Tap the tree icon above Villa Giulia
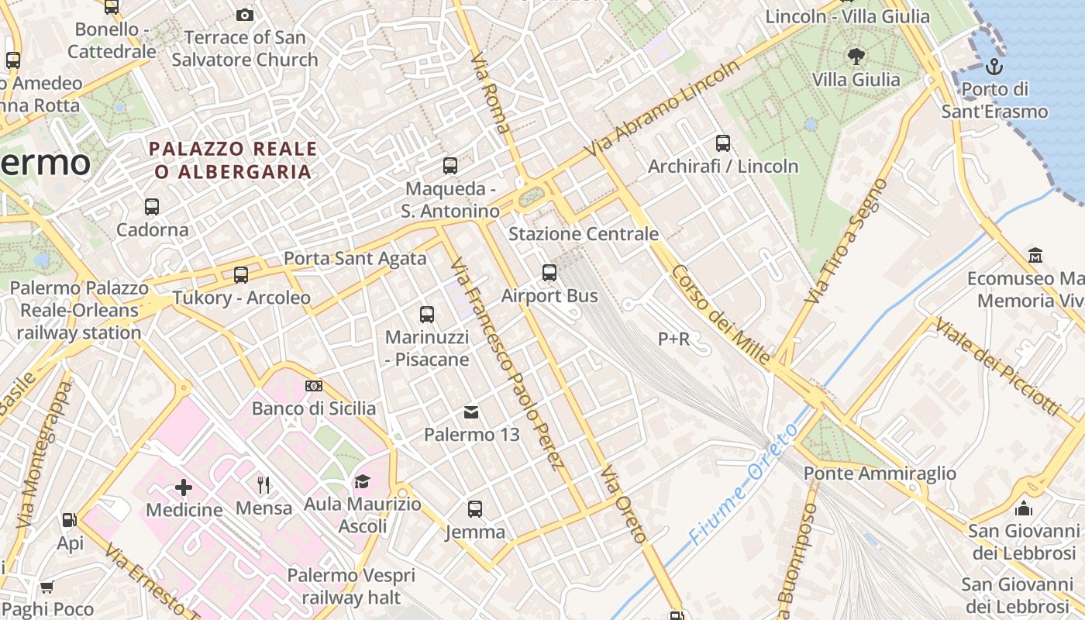coord(856,56)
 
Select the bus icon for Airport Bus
coord(549,272)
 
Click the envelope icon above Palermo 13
coord(471,412)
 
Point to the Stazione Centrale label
coord(583,234)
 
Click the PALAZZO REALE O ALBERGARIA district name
coord(233,160)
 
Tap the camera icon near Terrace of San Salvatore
coord(244,15)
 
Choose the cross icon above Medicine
coord(184,487)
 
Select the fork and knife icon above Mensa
coord(263,485)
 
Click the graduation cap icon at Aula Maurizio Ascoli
coord(362,482)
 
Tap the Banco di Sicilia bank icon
coord(314,386)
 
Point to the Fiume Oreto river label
coord(742,484)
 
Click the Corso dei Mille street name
coord(721,314)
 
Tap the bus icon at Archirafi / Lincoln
coord(722,143)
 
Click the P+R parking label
coord(673,339)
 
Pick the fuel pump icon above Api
coord(70,520)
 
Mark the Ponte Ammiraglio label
coord(880,473)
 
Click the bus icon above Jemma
coord(475,509)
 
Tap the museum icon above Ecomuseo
coord(1035,255)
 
